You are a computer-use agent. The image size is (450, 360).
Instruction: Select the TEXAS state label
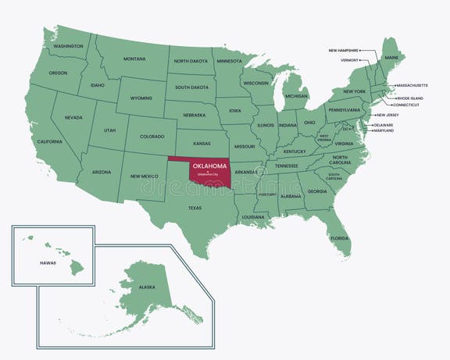pyautogui.click(x=195, y=208)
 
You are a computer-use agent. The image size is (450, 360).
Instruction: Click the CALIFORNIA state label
pyautogui.click(x=49, y=141)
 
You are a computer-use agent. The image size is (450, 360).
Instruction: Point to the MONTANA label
pyautogui.click(x=134, y=59)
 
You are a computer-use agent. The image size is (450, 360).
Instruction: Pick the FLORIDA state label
pyautogui.click(x=339, y=237)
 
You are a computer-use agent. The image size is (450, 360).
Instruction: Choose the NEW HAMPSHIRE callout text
pyautogui.click(x=343, y=51)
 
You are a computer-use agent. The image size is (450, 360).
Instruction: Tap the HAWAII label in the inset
pyautogui.click(x=48, y=263)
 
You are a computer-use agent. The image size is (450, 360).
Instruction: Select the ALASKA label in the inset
pyautogui.click(x=147, y=287)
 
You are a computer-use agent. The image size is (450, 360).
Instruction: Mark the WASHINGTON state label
pyautogui.click(x=68, y=46)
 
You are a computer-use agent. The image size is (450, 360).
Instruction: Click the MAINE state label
pyautogui.click(x=391, y=57)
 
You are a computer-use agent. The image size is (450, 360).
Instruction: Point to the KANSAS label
pyautogui.click(x=202, y=144)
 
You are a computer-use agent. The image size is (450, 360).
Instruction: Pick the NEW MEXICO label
pyautogui.click(x=145, y=176)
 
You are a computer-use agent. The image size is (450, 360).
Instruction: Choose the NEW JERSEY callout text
pyautogui.click(x=388, y=115)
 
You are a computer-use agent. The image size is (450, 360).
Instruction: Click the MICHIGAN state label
pyautogui.click(x=296, y=96)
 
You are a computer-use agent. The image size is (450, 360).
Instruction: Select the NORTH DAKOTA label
pyautogui.click(x=190, y=60)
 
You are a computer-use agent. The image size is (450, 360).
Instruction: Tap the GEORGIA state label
pyautogui.click(x=317, y=191)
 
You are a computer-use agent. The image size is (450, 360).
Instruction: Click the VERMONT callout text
pyautogui.click(x=349, y=59)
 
